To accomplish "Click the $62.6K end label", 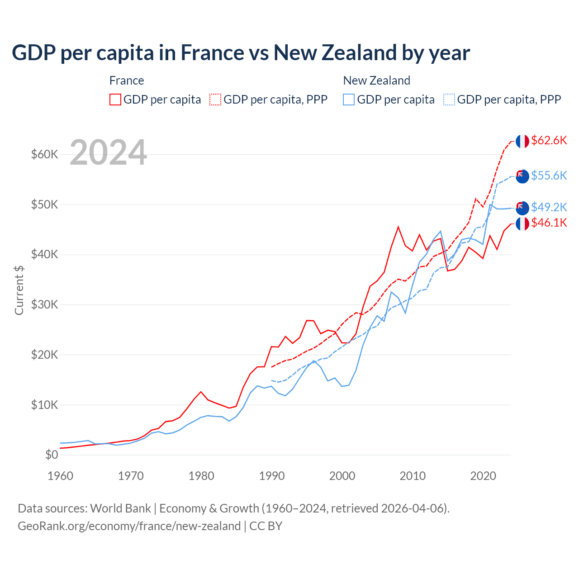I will point(549,140).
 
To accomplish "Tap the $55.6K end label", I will point(549,176).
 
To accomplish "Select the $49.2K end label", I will point(549,207).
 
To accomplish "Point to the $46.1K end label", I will point(549,223).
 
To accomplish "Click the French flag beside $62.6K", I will point(522,141).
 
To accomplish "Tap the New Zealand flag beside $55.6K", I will point(522,176).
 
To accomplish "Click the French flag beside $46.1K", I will point(522,223).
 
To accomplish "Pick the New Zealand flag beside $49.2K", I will point(522,208).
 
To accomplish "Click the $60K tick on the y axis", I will point(45,155).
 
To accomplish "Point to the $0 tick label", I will point(52,455).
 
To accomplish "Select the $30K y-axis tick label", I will point(45,305).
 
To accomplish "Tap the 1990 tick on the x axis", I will point(272,476).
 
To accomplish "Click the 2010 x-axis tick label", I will point(413,476).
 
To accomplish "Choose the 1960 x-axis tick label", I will point(61,476).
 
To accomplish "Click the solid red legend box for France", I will point(115,100).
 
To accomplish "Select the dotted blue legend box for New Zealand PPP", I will point(449,100).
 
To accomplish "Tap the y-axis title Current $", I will point(19,290).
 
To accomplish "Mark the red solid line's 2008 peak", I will point(398,227).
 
